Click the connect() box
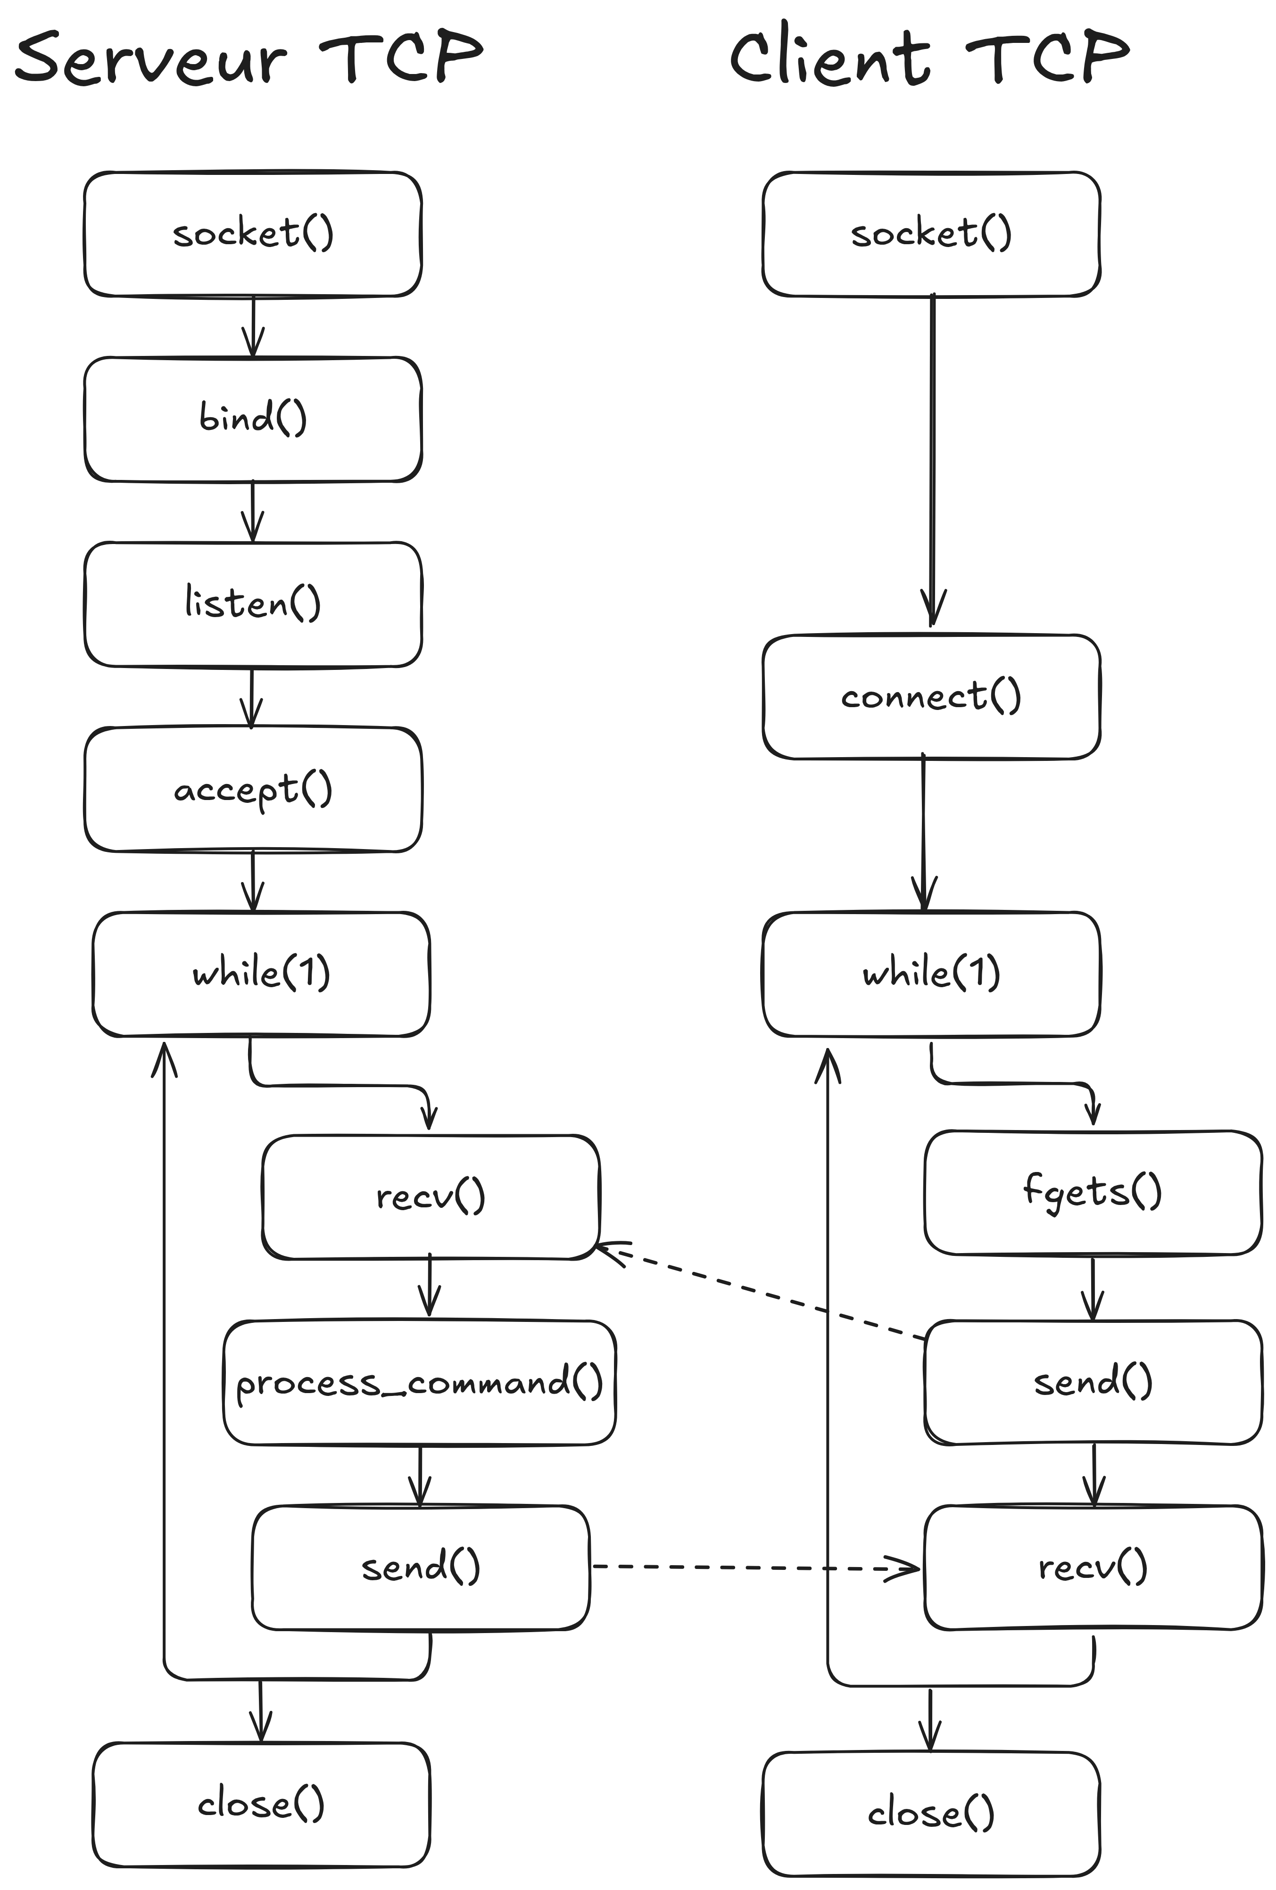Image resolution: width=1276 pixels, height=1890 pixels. (931, 697)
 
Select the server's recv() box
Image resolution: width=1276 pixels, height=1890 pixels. (430, 1197)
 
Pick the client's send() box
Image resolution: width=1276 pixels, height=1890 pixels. (1093, 1383)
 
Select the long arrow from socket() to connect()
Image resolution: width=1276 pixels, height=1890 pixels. (932, 460)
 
